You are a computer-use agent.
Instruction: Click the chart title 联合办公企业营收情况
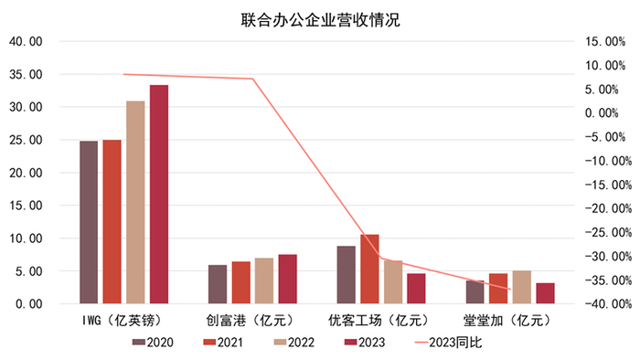pos(321,19)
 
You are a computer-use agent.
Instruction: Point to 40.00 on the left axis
pos(25,41)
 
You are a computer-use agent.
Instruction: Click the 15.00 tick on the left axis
pos(25,206)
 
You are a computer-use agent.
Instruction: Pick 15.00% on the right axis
pos(603,41)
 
